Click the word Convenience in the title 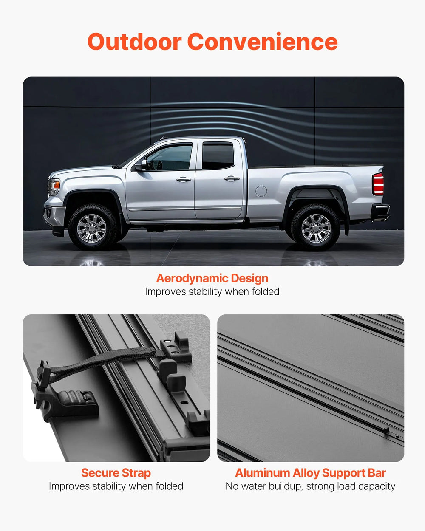click(262, 42)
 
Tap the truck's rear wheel click(316, 228)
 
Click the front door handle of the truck click(184, 179)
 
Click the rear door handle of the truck click(232, 179)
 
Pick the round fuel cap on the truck click(261, 191)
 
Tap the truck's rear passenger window click(218, 156)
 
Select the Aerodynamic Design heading click(212, 278)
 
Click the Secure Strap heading click(116, 473)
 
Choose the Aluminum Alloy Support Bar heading click(311, 473)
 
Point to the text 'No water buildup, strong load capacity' click(311, 486)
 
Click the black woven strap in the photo click(106, 359)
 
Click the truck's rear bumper click(380, 212)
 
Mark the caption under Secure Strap click(116, 486)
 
